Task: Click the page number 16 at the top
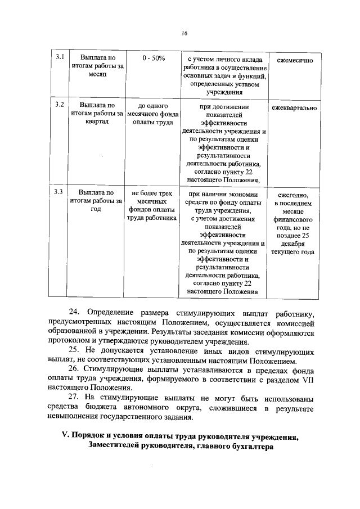click(183, 33)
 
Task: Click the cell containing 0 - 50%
click(154, 58)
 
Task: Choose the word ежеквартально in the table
click(295, 107)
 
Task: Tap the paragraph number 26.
click(74, 370)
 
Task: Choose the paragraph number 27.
click(74, 398)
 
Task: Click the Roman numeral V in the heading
click(64, 436)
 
